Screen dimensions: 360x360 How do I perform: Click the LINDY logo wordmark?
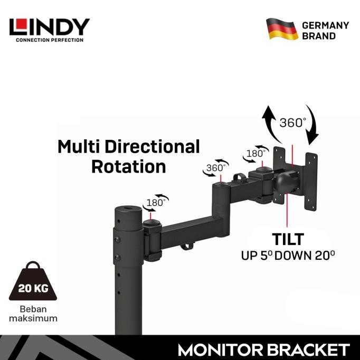coord(49,26)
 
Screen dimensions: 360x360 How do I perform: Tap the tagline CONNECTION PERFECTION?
coord(49,40)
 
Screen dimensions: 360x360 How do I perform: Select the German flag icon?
coord(282,29)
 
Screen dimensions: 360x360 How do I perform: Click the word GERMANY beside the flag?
coord(325,25)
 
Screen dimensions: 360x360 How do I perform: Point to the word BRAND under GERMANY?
coord(319,36)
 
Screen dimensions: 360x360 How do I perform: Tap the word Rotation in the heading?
coord(128,166)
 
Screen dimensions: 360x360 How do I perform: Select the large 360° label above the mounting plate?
coord(293,122)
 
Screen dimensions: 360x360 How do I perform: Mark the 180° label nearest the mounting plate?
coord(256,154)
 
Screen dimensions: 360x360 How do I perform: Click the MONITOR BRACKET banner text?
coord(263,349)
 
